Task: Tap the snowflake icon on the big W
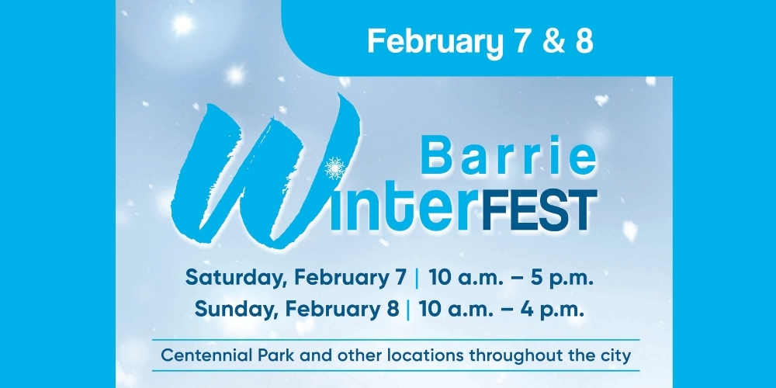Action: click(x=335, y=167)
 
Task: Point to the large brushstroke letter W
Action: click(x=256, y=175)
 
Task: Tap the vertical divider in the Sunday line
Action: click(x=407, y=308)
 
